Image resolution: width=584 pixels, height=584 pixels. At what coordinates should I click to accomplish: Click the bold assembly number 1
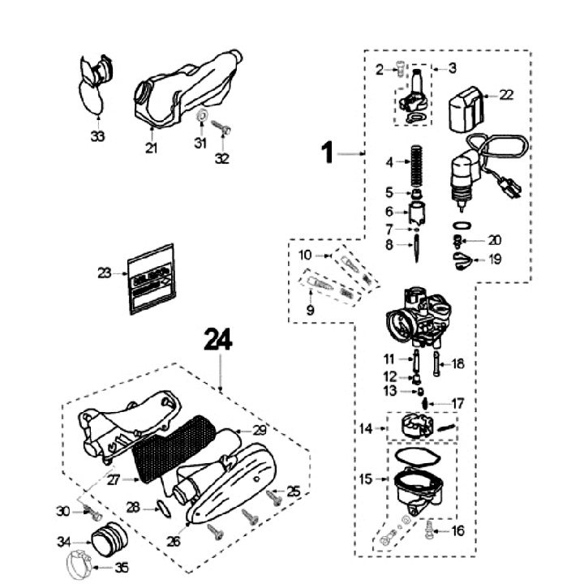coord(328,152)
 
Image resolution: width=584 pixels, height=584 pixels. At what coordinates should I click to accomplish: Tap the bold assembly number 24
coord(218,341)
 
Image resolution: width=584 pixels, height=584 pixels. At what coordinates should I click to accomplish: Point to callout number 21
coord(151,148)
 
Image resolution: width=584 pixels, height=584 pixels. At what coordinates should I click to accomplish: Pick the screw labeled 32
coord(223,128)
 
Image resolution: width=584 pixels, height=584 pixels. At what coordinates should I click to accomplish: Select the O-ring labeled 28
coord(161,509)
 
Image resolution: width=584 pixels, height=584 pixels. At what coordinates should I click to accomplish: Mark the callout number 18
coord(458,364)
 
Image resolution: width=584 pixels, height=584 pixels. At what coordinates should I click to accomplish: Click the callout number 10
coord(306,255)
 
